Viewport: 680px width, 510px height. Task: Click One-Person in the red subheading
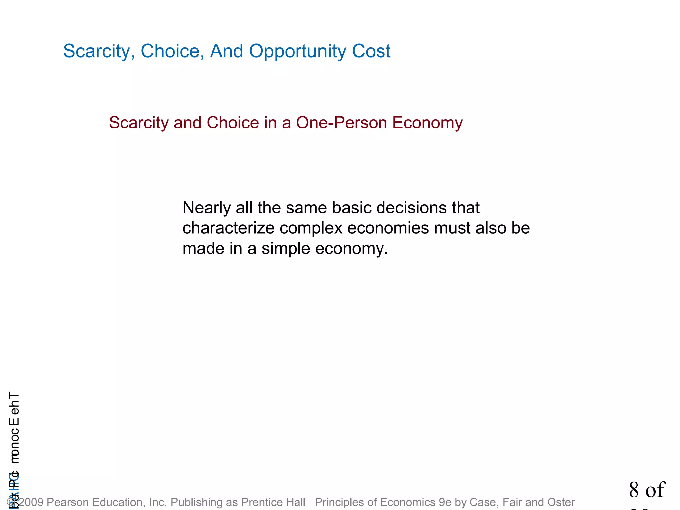[342, 123]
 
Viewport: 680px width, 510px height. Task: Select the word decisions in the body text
[411, 208]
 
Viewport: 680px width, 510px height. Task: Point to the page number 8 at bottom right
[634, 490]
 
